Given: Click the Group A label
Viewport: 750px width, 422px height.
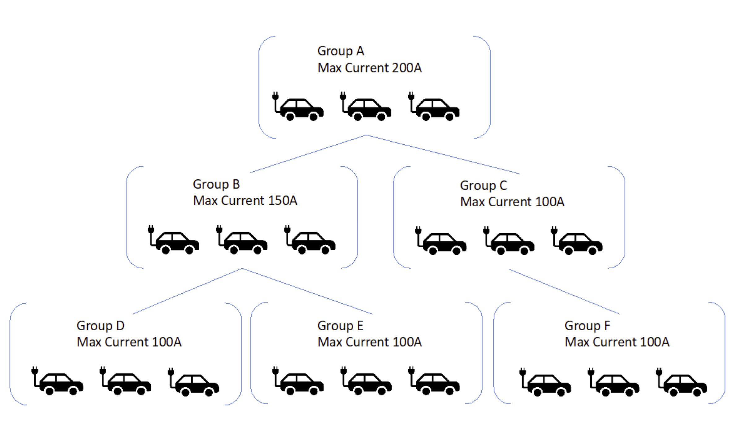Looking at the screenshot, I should [x=340, y=51].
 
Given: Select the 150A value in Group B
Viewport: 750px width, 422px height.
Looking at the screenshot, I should [x=282, y=201].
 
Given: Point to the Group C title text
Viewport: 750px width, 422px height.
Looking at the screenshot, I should [x=483, y=186].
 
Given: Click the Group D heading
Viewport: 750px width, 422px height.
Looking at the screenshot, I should [x=100, y=326].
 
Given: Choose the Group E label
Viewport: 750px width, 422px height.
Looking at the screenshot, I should [x=340, y=326].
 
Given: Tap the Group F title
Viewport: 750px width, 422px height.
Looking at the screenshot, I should [x=587, y=326].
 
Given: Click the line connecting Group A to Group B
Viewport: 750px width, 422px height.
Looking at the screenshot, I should [x=308, y=154].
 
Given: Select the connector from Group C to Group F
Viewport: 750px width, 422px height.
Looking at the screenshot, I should [x=564, y=292].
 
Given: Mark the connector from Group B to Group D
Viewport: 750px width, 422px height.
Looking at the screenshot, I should [x=187, y=291].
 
